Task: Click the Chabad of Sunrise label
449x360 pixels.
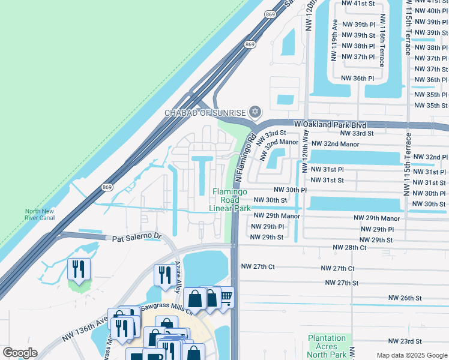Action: click(x=206, y=113)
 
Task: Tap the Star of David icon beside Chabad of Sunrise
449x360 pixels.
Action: click(x=255, y=112)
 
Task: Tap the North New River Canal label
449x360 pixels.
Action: click(x=40, y=214)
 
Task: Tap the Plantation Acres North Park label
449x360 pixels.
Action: click(x=327, y=346)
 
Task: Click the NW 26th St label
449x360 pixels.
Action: click(x=405, y=298)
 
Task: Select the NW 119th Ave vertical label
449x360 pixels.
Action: click(x=335, y=41)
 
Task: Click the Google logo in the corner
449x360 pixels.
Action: click(x=19, y=353)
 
